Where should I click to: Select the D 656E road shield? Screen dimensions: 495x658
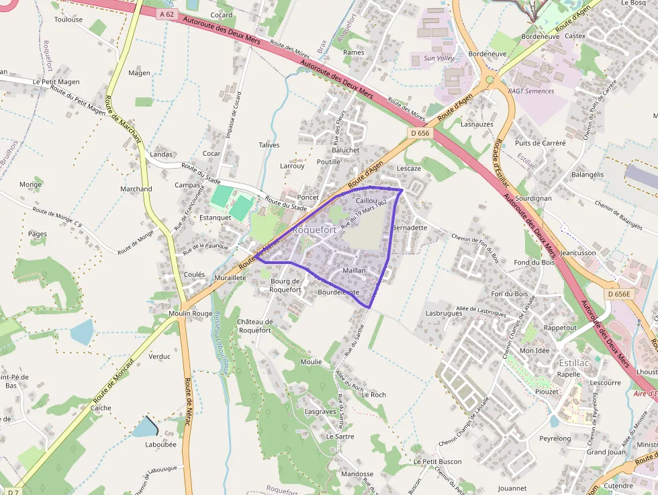point(618,294)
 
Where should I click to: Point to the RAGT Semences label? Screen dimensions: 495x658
point(531,91)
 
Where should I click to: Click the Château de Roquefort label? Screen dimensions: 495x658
point(254,326)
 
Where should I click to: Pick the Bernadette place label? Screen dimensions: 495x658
point(409,228)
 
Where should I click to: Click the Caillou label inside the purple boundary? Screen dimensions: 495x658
point(367,201)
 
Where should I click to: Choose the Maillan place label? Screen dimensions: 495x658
point(354,271)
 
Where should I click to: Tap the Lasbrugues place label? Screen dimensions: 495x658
point(444,313)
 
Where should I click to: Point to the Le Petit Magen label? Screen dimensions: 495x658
point(56,82)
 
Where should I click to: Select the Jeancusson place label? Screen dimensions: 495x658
point(577,253)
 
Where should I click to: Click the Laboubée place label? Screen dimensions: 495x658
point(160,444)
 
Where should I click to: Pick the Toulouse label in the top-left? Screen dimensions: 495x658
point(68,19)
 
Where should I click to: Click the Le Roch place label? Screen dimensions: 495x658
point(373,395)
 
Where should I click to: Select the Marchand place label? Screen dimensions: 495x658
point(136,189)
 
